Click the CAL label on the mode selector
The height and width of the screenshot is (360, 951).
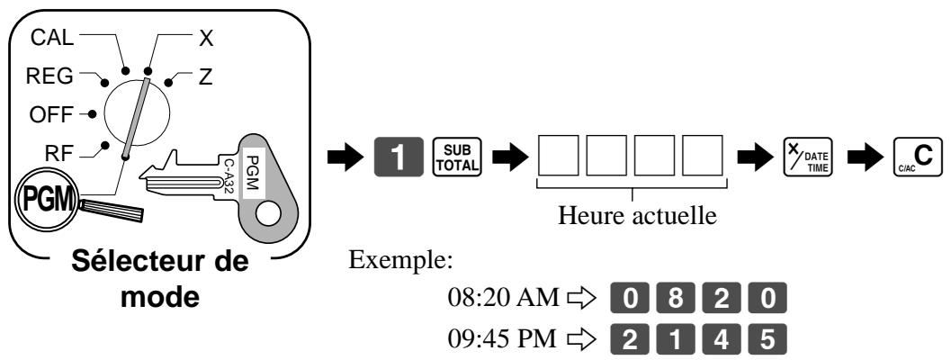pyautogui.click(x=51, y=38)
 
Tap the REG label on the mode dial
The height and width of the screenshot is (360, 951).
pyautogui.click(x=49, y=76)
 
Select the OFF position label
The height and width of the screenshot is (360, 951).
pyautogui.click(x=51, y=114)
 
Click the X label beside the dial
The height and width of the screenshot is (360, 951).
pyautogui.click(x=206, y=39)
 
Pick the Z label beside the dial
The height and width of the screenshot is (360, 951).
pyautogui.click(x=205, y=77)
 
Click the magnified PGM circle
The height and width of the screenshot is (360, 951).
pyautogui.click(x=44, y=199)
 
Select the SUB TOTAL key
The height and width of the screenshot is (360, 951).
pyautogui.click(x=456, y=157)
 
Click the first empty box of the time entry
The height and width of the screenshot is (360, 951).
pyautogui.click(x=558, y=156)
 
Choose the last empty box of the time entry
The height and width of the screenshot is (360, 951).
pyautogui.click(x=703, y=156)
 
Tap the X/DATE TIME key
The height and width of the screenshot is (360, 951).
pyautogui.click(x=808, y=157)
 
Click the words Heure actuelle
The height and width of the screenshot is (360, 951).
pyautogui.click(x=637, y=215)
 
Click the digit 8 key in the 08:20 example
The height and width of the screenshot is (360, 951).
pyautogui.click(x=676, y=299)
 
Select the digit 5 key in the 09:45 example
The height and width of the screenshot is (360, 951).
pyautogui.click(x=767, y=339)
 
